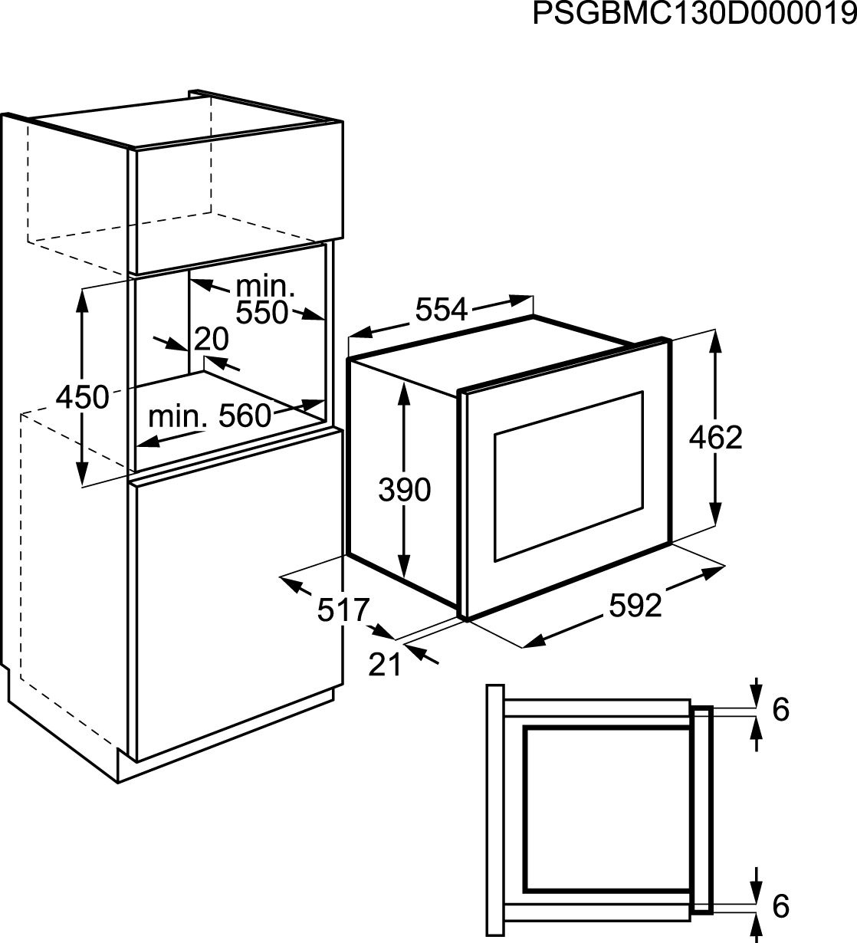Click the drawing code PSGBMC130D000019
pos(694,14)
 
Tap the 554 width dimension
pos(442,309)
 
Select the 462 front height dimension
pos(715,437)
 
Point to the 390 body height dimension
pos(405,490)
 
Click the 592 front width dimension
pos(635,606)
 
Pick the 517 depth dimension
pos(343,609)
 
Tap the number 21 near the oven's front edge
pos(385,665)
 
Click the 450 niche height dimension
pos(83,397)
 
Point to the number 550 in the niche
pos(262,312)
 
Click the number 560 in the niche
pos(245,416)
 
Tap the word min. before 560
pos(177,416)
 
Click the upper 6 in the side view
pos(781,710)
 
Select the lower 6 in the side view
pos(781,906)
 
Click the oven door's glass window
pos(568,476)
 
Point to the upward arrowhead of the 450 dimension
pos(82,301)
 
